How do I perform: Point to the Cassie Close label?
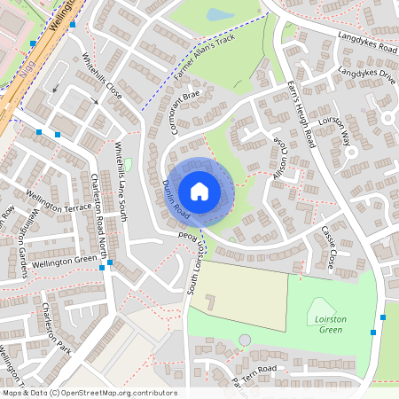click(327, 249)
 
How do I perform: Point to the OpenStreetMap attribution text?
click(89, 393)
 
